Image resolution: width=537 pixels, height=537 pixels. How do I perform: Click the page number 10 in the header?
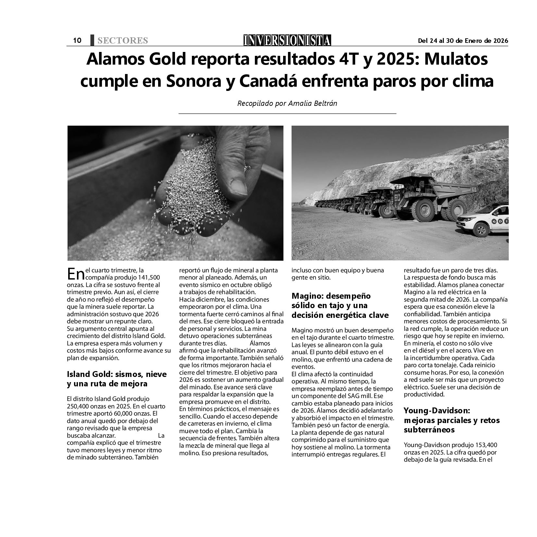point(77,40)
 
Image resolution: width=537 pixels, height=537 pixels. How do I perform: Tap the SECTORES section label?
point(122,41)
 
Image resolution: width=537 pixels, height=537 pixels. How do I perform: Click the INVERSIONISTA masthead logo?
point(287,40)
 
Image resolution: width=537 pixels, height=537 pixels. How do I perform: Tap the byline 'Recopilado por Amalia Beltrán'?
point(287,103)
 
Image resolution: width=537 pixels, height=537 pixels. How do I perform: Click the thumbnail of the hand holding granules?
point(175,193)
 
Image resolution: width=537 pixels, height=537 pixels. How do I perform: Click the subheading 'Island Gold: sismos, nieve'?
point(117,374)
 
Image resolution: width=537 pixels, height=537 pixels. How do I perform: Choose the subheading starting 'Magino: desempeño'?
point(331,296)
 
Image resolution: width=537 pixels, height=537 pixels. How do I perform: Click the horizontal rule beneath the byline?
point(287,114)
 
